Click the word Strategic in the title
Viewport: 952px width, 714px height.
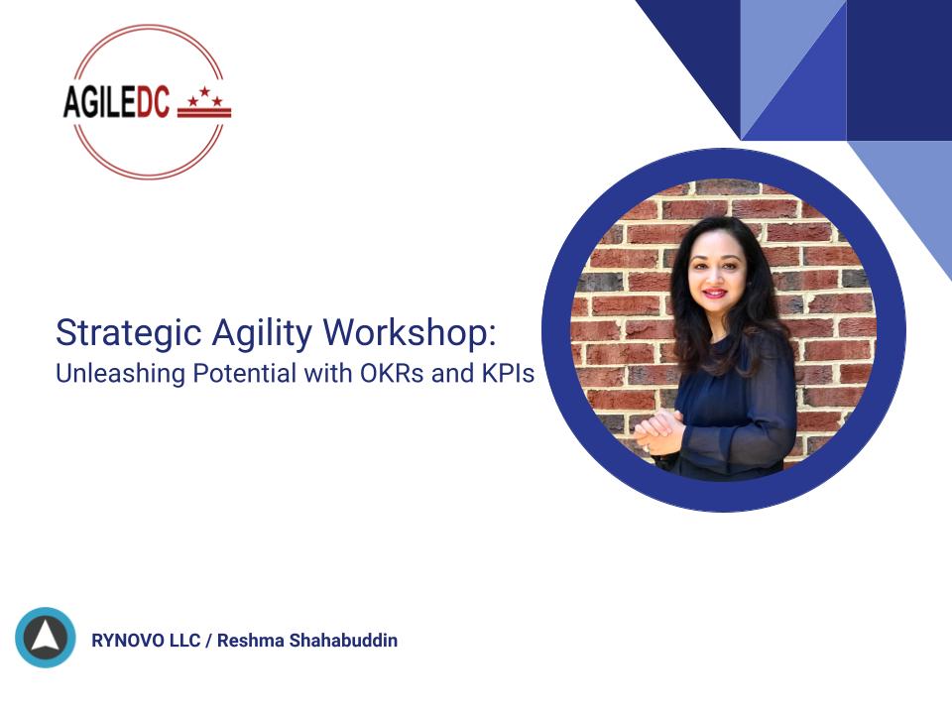(x=128, y=333)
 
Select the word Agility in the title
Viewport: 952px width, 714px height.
(x=262, y=333)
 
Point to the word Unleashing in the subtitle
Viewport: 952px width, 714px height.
(x=120, y=374)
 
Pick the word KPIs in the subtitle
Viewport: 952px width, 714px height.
(x=509, y=373)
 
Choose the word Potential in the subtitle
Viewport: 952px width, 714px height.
(x=245, y=373)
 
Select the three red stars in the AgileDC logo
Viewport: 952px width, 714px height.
(x=204, y=96)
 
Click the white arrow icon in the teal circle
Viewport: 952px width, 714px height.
(x=46, y=637)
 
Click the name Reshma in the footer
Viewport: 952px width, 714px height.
(x=250, y=641)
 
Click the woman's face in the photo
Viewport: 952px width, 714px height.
(x=717, y=272)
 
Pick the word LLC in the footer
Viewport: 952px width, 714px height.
(x=184, y=641)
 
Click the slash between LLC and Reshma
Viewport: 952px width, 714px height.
(x=209, y=641)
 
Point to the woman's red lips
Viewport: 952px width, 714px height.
(x=715, y=294)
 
